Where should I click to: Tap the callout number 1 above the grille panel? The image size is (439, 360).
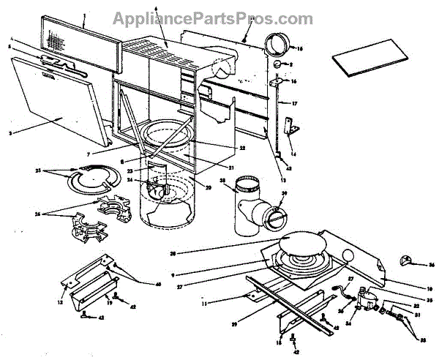coord(85,14)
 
